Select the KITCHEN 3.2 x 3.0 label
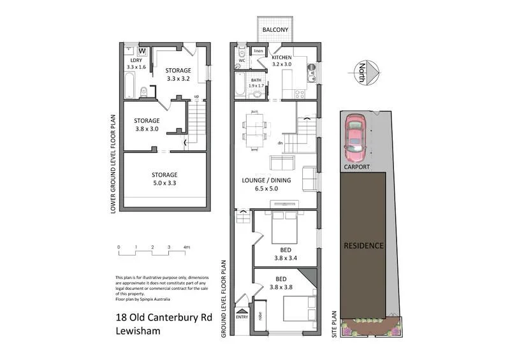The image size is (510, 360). pos(281,61)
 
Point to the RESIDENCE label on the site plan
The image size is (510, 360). pos(363,245)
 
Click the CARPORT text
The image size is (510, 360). pos(356,168)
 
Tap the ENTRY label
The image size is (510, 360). pos(242,317)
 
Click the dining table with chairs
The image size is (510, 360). pos(255,130)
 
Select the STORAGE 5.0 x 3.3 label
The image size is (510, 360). pos(164,178)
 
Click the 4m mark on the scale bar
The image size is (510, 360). pos(186,247)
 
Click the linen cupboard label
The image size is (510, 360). pos(258,50)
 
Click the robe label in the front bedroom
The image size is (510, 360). pos(261,314)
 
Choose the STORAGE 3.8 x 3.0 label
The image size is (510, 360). pos(147,124)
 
